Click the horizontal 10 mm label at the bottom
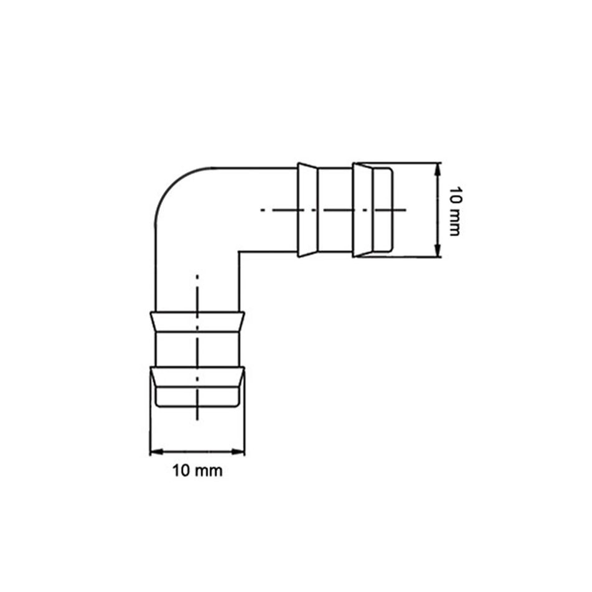pos(197,471)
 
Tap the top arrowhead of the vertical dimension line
pos(438,167)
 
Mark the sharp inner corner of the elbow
pos(240,252)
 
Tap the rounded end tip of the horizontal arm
pos(391,210)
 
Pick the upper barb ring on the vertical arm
pos(197,321)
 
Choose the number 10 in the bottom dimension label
pos(182,471)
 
